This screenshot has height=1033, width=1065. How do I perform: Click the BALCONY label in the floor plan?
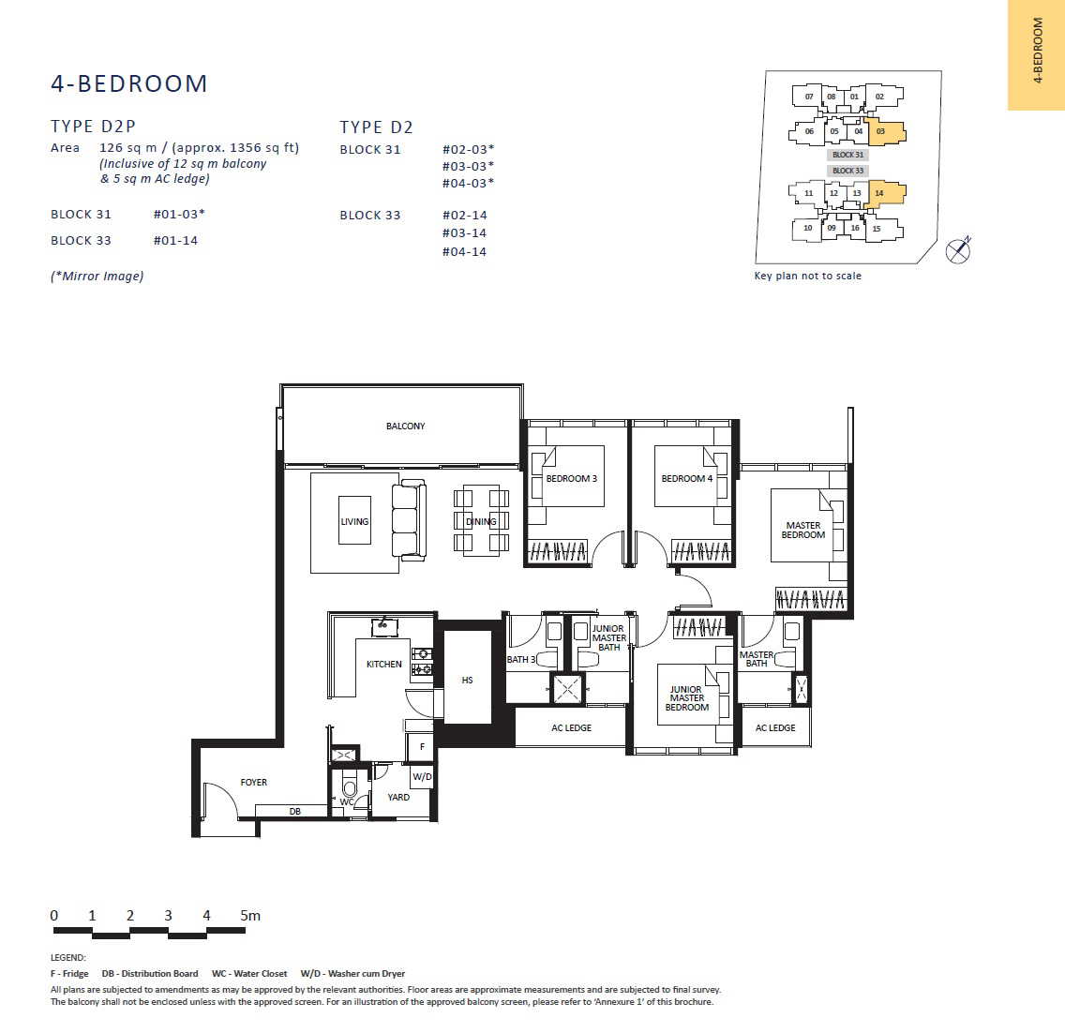coord(406,426)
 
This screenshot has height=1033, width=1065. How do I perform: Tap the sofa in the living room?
coord(409,520)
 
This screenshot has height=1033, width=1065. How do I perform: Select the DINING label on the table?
coord(481,521)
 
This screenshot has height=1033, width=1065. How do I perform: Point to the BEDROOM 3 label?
coord(571,478)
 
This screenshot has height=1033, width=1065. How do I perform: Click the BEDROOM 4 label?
coord(686,478)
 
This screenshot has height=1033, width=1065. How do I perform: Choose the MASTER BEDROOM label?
coord(802,530)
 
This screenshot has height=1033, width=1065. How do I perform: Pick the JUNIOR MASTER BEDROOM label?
coord(686,698)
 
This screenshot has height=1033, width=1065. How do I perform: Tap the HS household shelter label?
coord(467,680)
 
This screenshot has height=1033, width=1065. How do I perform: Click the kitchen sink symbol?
coord(384,627)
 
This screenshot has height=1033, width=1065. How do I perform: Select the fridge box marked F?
coord(420,747)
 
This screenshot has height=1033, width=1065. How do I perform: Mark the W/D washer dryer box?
coord(422,776)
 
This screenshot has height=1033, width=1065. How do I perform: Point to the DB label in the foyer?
coord(294,811)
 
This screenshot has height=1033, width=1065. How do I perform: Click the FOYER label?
coord(253,783)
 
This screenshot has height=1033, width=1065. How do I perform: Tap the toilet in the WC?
coord(349,786)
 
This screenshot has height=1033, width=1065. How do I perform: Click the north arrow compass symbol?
coord(958,250)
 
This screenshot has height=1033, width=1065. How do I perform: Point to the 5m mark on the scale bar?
coord(250,916)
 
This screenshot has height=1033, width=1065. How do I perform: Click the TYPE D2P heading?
coord(93,127)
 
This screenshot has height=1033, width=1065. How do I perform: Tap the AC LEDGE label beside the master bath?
coord(775,727)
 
